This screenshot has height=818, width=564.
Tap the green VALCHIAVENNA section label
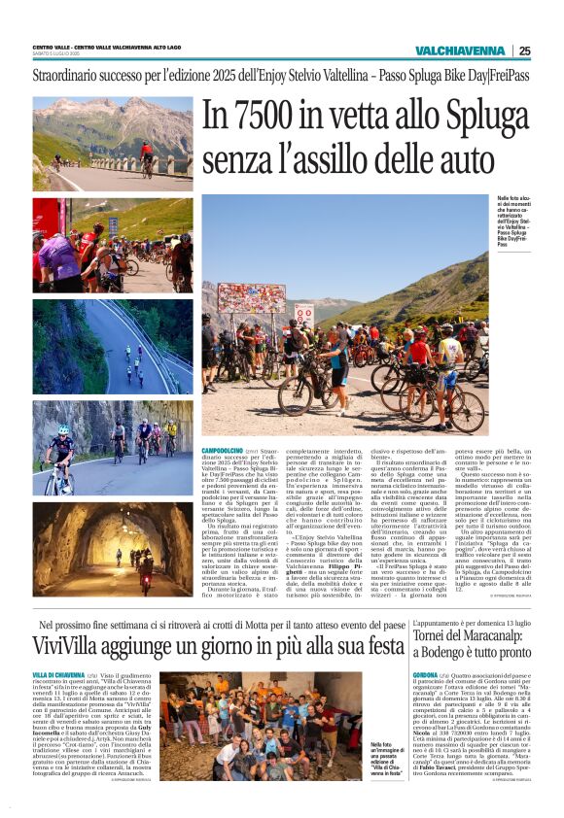[x=461, y=51]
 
